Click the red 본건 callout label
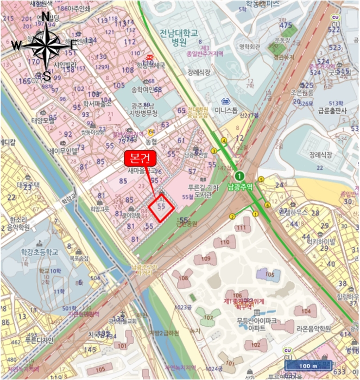[140, 159]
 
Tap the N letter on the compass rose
[46, 18]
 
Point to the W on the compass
[16, 46]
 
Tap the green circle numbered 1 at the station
[239, 175]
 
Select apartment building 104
[306, 311]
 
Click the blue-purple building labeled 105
[269, 275]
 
